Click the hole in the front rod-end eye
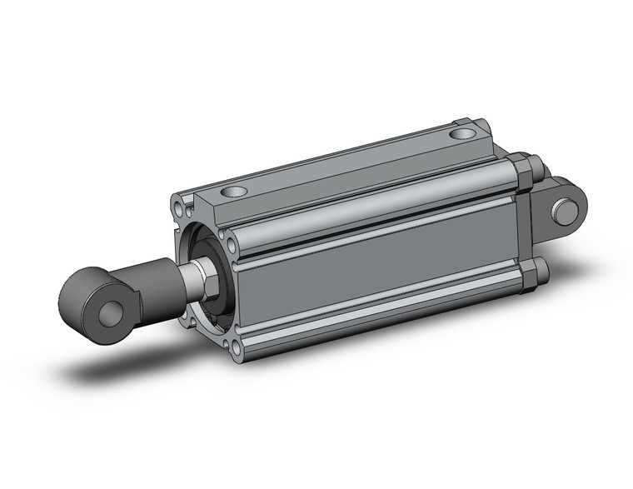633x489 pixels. tap(107, 315)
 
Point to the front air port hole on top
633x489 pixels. tap(238, 192)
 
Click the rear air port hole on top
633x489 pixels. tap(461, 132)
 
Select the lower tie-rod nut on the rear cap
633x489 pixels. tap(536, 274)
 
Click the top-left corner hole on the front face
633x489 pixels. tap(181, 204)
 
